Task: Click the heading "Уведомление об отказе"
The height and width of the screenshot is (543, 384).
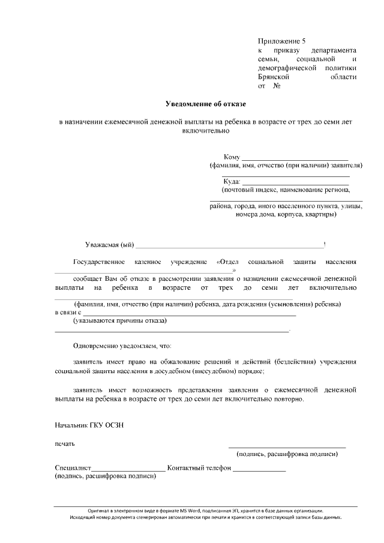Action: pyautogui.click(x=206, y=104)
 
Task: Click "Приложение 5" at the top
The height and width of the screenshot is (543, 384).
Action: pyautogui.click(x=281, y=41)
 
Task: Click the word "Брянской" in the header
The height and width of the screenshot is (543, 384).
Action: pyautogui.click(x=274, y=77)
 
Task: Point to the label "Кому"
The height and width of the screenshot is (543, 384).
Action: pyautogui.click(x=232, y=157)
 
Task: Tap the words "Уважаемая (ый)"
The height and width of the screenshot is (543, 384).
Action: pyautogui.click(x=109, y=245)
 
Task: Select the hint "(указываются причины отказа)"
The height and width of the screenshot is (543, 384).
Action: pyautogui.click(x=120, y=321)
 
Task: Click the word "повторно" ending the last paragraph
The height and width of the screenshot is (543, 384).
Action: pyautogui.click(x=289, y=399)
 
